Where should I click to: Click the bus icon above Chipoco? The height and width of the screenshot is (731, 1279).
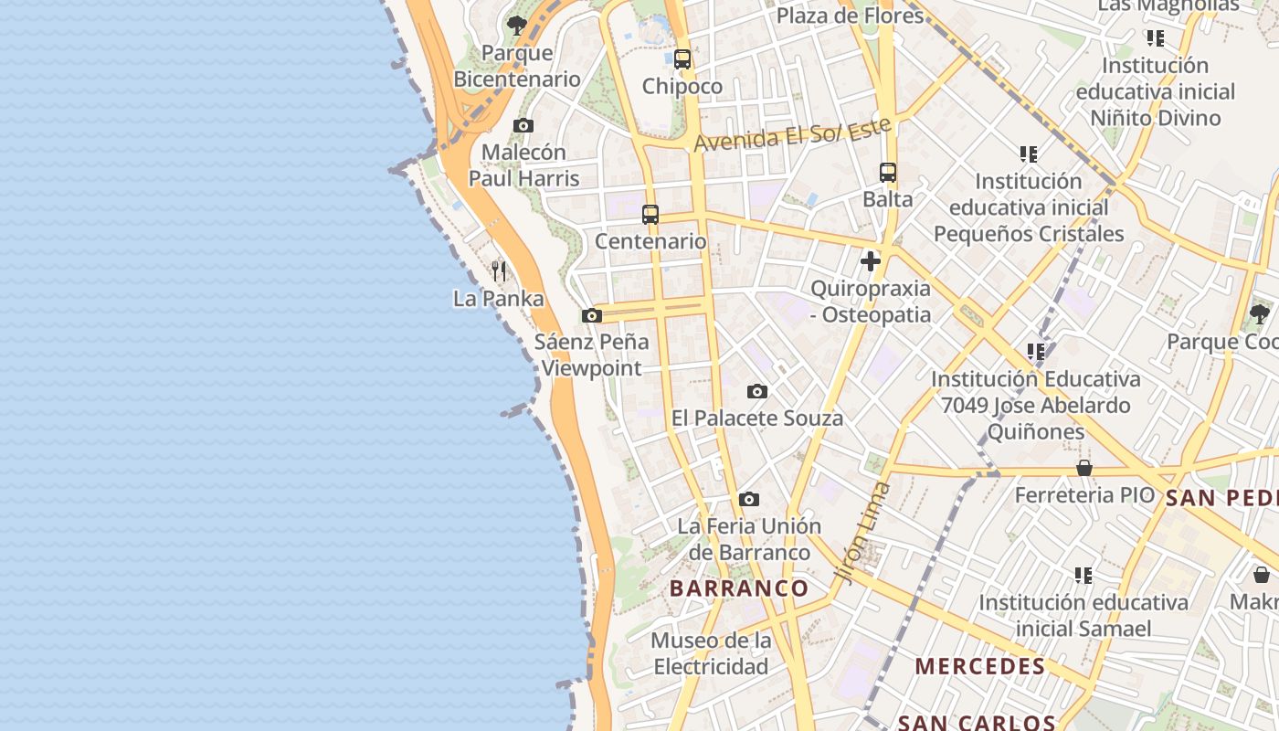pos(682,59)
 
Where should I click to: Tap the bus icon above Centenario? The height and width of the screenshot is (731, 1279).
pos(650,215)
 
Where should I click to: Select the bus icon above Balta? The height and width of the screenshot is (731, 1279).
pos(888,172)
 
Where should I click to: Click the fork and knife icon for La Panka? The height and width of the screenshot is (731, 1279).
pos(499,270)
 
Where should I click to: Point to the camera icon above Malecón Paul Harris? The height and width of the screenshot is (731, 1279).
pos(523,125)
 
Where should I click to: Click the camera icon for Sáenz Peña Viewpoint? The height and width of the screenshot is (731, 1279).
pos(592,315)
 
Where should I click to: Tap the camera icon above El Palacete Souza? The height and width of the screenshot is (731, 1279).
pos(757,391)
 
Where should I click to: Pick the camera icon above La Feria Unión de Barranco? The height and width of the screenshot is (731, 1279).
pos(749,499)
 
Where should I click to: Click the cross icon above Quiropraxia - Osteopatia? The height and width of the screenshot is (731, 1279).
pos(871,261)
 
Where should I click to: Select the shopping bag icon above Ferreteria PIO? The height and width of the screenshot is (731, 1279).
pos(1084,468)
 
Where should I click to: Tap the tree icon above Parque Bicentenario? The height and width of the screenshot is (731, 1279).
pos(517,26)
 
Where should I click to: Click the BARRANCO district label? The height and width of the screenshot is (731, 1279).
pos(739,588)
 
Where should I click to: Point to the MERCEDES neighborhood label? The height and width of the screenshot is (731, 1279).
pos(980,666)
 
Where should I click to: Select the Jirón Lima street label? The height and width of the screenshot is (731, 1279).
pos(861,532)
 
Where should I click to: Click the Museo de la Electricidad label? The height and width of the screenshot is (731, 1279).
pos(711,653)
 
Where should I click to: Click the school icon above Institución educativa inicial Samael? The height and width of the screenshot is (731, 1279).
pos(1083,575)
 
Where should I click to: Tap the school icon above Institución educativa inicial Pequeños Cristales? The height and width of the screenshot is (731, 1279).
pos(1029,154)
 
